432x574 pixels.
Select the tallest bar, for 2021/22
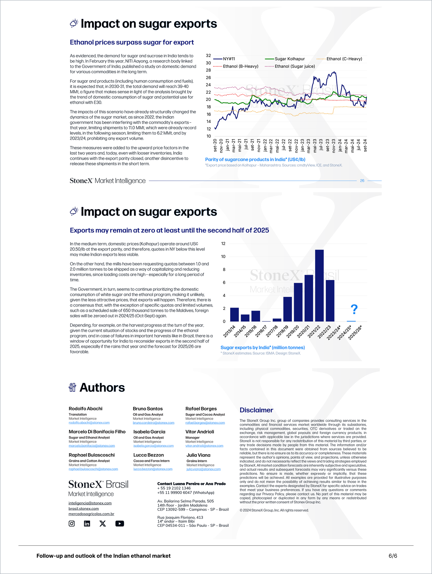319,285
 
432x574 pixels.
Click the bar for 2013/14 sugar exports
234,314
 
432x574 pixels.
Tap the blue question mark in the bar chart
354,309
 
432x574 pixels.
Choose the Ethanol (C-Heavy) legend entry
339,59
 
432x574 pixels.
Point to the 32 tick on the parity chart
208,56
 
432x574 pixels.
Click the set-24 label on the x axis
365,145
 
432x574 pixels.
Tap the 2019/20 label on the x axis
293,331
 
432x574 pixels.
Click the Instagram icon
72,523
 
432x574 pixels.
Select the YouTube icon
119,523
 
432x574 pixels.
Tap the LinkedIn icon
87,523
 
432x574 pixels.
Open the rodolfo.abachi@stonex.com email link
89,423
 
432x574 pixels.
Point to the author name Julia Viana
198,455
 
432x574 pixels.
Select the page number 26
362,181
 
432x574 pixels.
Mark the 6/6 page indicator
393,556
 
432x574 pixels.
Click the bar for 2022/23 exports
330,301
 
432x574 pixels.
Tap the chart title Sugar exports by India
263,347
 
